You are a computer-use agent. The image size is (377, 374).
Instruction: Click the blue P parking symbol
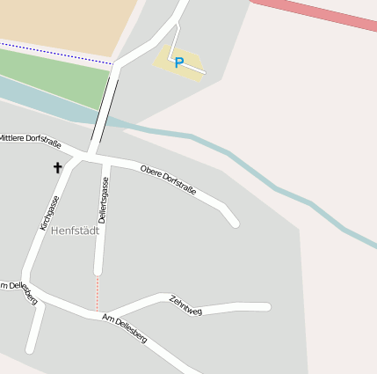pos(178,62)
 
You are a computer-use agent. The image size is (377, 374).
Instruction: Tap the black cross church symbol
pos(58,167)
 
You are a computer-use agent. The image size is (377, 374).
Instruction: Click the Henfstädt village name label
pos(75,231)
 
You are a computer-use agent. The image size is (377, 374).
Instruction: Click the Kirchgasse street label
pos(50,213)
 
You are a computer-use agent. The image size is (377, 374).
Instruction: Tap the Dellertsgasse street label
pos(102,200)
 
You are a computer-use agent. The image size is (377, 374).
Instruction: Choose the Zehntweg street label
pos(185,305)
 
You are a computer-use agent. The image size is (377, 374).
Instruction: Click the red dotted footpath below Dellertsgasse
pos(97,293)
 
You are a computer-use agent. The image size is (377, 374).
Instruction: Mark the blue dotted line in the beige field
pos(53,52)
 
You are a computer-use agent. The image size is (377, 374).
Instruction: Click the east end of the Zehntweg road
pos(265,306)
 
